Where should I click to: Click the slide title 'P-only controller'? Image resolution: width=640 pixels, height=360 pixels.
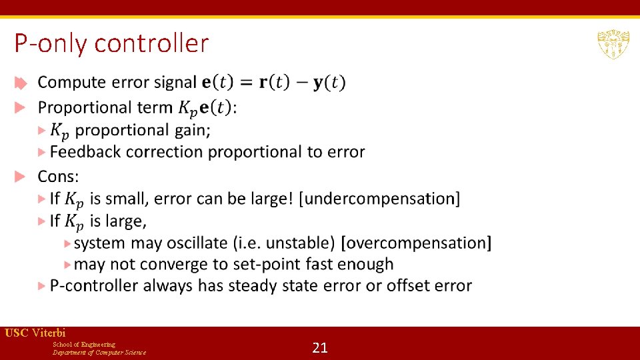tap(111, 43)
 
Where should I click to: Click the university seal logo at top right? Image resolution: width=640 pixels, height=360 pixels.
tap(613, 44)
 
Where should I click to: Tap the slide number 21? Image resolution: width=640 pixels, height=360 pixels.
tap(320, 347)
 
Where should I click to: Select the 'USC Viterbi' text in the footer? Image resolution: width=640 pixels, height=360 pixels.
tap(35, 333)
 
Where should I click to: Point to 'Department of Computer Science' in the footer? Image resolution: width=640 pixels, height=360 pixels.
tap(99, 352)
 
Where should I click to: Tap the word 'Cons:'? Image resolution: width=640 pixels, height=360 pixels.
tap(58, 177)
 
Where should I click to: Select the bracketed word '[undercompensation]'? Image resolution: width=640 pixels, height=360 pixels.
tap(380, 199)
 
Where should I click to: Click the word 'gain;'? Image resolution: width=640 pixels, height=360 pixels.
tap(192, 130)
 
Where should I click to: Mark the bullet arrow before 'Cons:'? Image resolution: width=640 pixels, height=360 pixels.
tap(21, 177)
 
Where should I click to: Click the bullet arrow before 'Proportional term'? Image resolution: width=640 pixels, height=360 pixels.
tap(21, 107)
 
